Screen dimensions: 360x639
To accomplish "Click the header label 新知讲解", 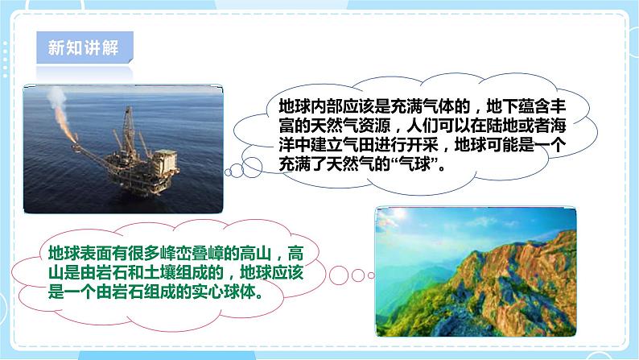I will tap(84, 47).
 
